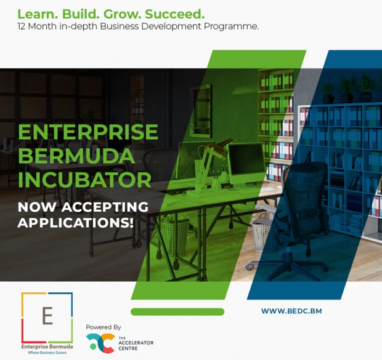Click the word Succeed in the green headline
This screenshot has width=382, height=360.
[175, 14]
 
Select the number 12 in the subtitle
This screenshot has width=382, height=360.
[22, 26]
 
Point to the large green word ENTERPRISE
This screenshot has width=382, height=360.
[88, 132]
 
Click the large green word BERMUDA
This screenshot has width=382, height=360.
[76, 156]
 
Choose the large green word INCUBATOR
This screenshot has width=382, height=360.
[84, 180]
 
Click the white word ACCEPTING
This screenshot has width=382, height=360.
[105, 207]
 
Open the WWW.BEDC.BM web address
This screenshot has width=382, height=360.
[291, 311]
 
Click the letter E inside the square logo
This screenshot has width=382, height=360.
[47, 316]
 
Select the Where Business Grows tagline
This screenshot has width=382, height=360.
[47, 353]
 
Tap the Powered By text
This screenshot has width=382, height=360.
[104, 327]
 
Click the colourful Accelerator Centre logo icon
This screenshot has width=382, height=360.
[100, 343]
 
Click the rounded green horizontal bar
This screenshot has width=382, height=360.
[177, 312]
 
